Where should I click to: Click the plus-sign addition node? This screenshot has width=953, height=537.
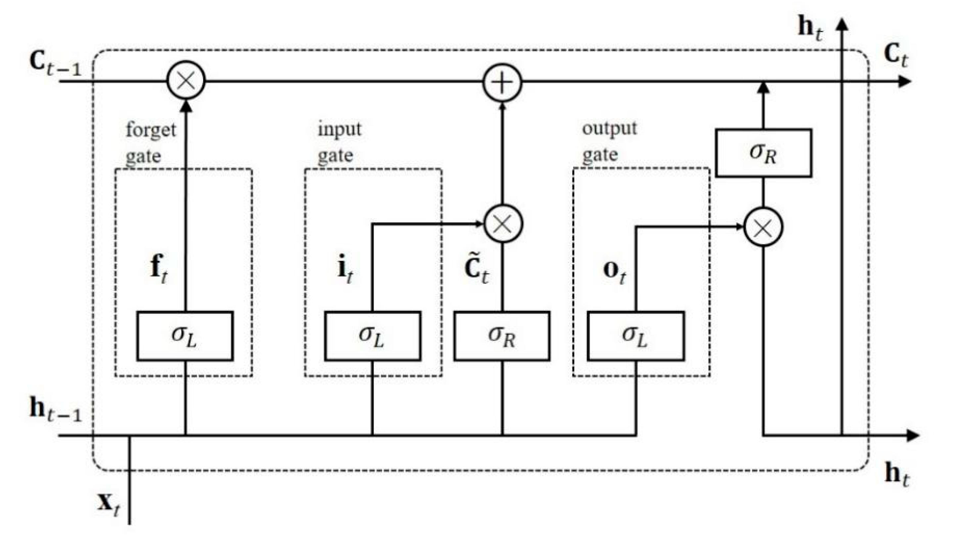(x=502, y=83)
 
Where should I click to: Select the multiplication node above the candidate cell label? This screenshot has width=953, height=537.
(x=503, y=224)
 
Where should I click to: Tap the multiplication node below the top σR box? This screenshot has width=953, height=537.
(x=763, y=227)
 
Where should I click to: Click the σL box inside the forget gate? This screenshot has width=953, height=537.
(x=185, y=336)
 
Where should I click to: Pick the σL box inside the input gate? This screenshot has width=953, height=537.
(x=372, y=336)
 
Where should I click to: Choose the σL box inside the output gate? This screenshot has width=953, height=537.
(x=636, y=336)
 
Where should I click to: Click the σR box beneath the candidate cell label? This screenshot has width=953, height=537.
(x=502, y=336)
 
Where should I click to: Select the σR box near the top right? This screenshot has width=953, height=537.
(x=764, y=153)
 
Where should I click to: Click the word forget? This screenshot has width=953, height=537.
(x=151, y=130)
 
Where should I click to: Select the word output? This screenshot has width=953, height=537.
(x=609, y=129)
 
